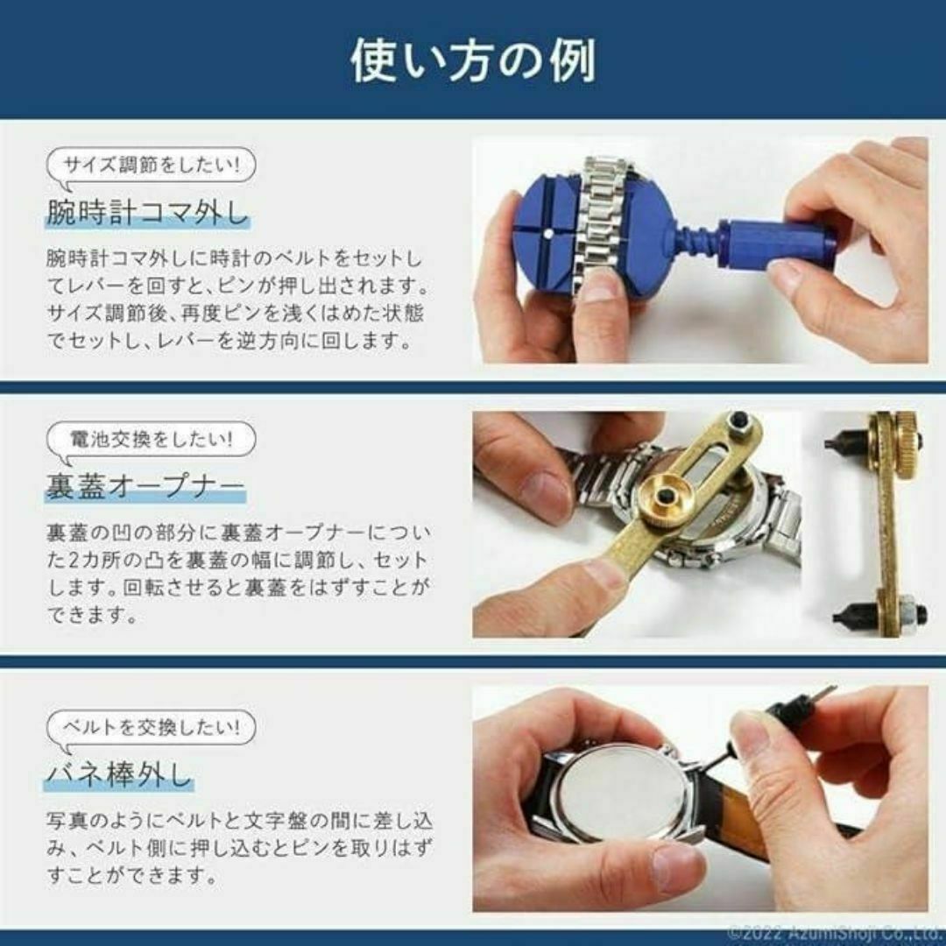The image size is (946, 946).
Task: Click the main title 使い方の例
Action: [x=473, y=60]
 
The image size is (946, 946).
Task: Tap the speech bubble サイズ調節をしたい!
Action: [x=151, y=165]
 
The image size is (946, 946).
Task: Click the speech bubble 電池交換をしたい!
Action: [x=151, y=439]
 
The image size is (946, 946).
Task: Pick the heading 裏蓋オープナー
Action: [x=145, y=487]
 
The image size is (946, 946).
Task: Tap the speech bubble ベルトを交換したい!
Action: [x=151, y=726]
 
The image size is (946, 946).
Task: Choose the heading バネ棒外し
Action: [x=118, y=775]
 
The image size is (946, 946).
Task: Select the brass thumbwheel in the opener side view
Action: [x=902, y=433]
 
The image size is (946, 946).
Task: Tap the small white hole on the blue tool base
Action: [x=545, y=235]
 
